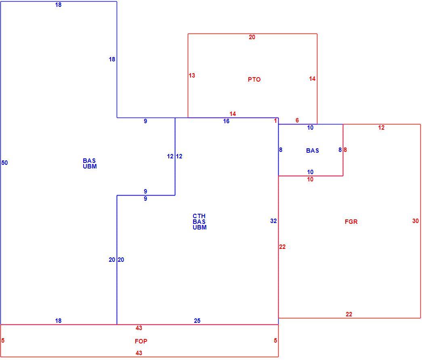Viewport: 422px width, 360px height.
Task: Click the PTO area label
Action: (254, 80)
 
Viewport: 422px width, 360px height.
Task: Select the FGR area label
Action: (351, 221)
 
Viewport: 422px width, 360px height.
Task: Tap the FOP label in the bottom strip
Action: (141, 341)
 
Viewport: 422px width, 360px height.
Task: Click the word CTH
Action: (199, 216)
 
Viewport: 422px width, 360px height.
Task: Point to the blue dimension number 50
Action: (4, 163)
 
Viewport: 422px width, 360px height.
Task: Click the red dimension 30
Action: (415, 221)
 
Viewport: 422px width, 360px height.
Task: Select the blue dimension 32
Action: (273, 221)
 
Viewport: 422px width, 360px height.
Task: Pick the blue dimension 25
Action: (197, 320)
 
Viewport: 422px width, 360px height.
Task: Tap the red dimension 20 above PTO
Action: (252, 37)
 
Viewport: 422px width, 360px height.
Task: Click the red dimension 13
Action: (192, 76)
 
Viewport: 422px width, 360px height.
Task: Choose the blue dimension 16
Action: (226, 121)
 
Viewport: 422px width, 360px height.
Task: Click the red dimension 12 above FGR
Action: (381, 128)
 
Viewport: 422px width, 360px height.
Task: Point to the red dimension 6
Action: (297, 120)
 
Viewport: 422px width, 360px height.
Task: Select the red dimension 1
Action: (275, 121)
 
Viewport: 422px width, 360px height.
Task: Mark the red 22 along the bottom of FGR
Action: (349, 314)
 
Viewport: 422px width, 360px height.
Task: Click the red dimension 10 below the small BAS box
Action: (310, 179)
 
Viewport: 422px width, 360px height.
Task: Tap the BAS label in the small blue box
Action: (313, 151)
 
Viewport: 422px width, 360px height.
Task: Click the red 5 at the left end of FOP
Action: (3, 340)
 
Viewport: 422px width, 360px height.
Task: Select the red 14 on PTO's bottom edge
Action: (233, 114)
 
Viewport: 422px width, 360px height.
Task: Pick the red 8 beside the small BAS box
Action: (345, 150)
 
